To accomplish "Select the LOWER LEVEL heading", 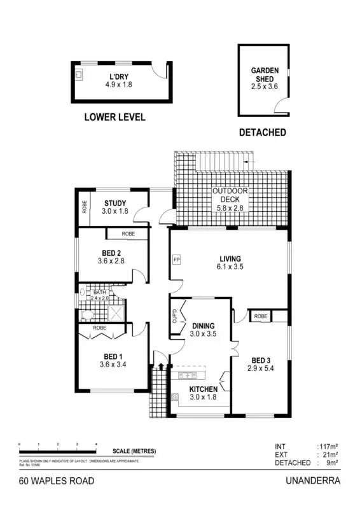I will click(x=114, y=117).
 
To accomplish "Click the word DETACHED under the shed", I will click(x=262, y=133).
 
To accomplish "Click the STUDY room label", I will click(x=116, y=204).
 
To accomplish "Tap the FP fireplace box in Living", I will click(x=176, y=260).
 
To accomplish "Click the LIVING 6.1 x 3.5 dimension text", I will click(x=230, y=267).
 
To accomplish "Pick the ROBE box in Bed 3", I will click(x=260, y=316).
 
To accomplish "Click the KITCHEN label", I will click(x=204, y=389).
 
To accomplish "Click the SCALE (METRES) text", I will click(x=134, y=451).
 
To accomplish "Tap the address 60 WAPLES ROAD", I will click(x=56, y=482).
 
